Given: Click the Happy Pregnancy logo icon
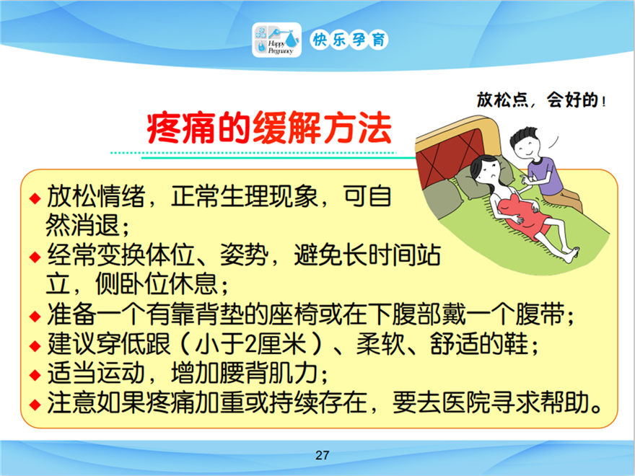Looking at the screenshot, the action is click(x=276, y=40).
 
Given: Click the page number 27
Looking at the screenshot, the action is click(x=322, y=455).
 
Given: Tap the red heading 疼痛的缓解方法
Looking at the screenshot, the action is click(x=269, y=128).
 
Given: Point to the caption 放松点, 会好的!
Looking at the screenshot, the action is click(x=541, y=100).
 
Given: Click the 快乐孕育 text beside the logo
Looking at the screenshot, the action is click(x=349, y=40).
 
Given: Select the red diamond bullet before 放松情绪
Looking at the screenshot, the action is click(x=35, y=198).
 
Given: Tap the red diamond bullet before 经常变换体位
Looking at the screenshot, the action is click(x=35, y=257).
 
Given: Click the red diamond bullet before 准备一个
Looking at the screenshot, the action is click(x=35, y=316).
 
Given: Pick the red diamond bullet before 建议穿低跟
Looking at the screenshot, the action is click(x=35, y=345).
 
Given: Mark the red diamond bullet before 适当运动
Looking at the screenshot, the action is click(x=35, y=374).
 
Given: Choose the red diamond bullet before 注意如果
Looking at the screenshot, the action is click(x=35, y=404).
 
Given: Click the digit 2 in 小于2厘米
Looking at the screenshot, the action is click(x=250, y=345).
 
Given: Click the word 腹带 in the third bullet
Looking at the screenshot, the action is click(x=540, y=314).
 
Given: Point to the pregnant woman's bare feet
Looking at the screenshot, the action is click(x=571, y=254).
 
